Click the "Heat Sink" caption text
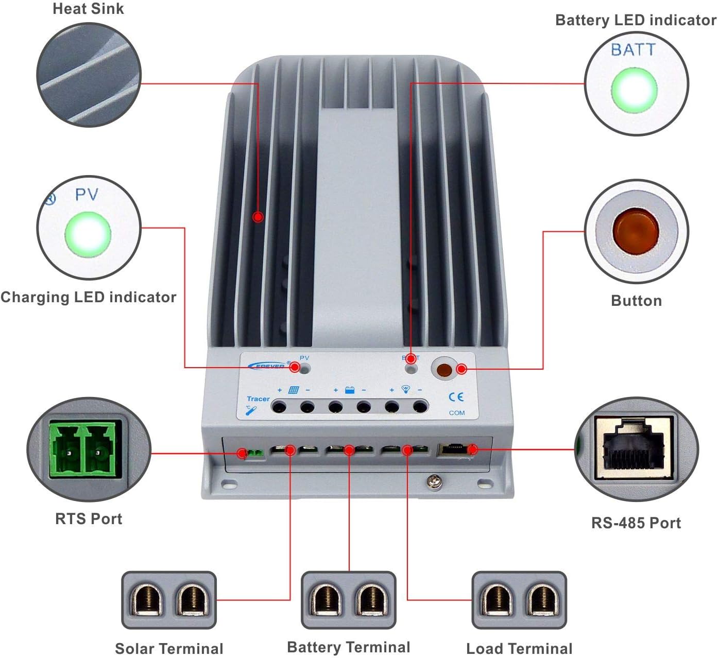pyautogui.click(x=88, y=9)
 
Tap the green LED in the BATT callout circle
pyautogui.click(x=634, y=90)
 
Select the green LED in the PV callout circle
pyautogui.click(x=88, y=234)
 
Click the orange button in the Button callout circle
pyautogui.click(x=635, y=231)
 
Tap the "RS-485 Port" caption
pyautogui.click(x=636, y=523)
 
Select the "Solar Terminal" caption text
pyautogui.click(x=169, y=648)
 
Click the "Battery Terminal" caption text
pyautogui.click(x=349, y=647)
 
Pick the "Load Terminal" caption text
pyautogui.click(x=519, y=648)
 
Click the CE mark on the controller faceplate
pyautogui.click(x=456, y=397)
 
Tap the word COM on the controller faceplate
pyautogui.click(x=456, y=413)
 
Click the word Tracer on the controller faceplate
pyautogui.click(x=258, y=399)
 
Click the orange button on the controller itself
pyautogui.click(x=444, y=370)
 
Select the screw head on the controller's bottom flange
pyautogui.click(x=432, y=482)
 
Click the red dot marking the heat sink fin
pyautogui.click(x=258, y=217)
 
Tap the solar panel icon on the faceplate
pyautogui.click(x=294, y=390)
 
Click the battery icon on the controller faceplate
pyautogui.click(x=349, y=390)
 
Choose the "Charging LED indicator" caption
pyautogui.click(x=88, y=297)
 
